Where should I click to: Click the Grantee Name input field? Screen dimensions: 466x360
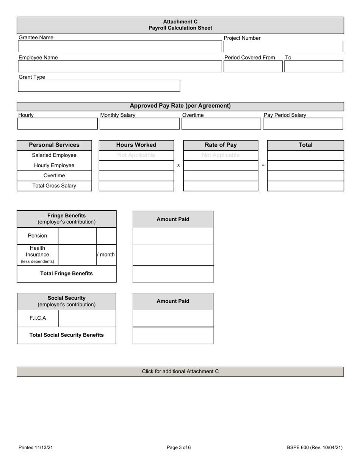pos(120,47)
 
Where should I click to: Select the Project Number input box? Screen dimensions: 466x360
pos(283,47)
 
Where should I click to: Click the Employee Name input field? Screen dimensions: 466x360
pos(120,66)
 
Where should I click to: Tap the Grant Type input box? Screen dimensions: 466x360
pos(99,86)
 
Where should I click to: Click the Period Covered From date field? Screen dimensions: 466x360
pos(253,66)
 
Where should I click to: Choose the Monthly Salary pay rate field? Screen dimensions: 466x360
pos(139,124)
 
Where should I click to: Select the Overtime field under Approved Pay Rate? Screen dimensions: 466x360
pos(221,124)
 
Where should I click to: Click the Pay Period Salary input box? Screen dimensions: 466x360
pos(303,124)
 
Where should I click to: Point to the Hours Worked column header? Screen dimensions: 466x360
pos(136,145)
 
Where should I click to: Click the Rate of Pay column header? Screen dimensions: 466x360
pos(221,145)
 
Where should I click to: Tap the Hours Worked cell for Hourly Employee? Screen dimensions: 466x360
pos(136,166)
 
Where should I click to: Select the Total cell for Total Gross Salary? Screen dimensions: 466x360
pos(305,186)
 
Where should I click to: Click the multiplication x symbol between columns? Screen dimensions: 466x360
pos(178,165)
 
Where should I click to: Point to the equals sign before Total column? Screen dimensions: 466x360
pos(263,165)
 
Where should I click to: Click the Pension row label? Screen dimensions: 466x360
pos(38,236)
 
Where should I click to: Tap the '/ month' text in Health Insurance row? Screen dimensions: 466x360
pos(106,255)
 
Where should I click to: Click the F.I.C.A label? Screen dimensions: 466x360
pos(38,318)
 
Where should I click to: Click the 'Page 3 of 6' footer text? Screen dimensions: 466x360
pos(179,447)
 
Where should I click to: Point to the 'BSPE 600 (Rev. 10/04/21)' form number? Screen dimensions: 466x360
pos(315,447)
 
